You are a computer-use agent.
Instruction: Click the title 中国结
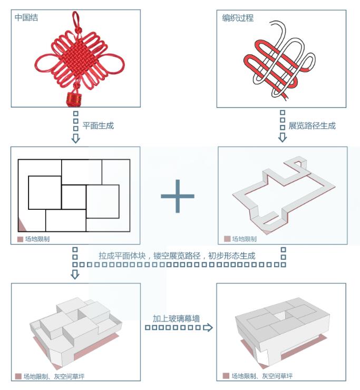pos(26,18)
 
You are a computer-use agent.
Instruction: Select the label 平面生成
pos(98,126)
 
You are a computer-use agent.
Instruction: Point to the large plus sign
pos(178,196)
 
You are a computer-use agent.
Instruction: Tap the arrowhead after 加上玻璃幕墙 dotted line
pos(208,328)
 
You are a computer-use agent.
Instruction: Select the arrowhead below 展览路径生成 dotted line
pos(283,138)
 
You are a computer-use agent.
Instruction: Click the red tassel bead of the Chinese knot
pos(72,99)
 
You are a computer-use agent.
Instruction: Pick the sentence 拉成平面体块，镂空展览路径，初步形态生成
pos(177,256)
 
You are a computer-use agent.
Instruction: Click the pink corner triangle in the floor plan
pos(22,226)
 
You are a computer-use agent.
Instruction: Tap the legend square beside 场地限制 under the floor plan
pos(20,239)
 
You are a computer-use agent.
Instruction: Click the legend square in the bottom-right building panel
pos(226,376)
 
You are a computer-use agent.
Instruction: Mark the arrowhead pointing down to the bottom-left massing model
pos(75,274)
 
